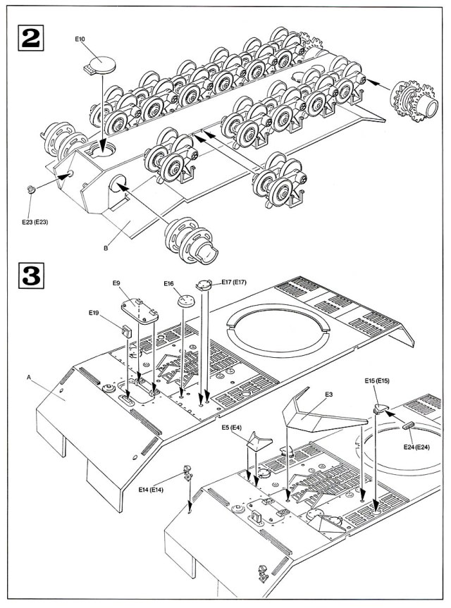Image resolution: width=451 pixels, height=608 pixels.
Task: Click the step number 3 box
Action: (28, 275)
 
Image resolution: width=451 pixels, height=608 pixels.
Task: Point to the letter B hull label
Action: (106, 248)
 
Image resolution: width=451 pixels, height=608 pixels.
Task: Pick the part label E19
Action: (94, 312)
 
